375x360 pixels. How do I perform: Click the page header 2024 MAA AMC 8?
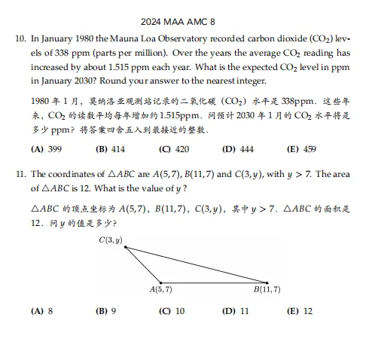[x=187, y=22]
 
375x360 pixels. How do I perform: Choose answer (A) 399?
[x=46, y=149]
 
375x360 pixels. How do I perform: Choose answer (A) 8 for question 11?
[x=42, y=310]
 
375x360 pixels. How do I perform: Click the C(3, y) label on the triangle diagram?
[x=111, y=240]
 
